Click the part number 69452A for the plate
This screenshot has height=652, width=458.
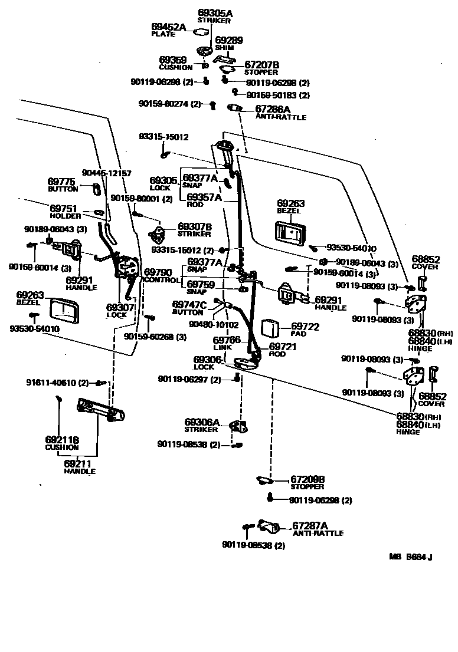pyautogui.click(x=168, y=27)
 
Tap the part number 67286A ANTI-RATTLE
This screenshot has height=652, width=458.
pyautogui.click(x=272, y=109)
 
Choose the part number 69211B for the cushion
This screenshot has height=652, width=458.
pyautogui.click(x=62, y=439)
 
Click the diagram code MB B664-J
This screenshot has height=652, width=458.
pyautogui.click(x=411, y=556)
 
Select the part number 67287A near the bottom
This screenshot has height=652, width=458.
pyautogui.click(x=310, y=525)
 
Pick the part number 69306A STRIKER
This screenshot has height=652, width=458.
pyautogui.click(x=202, y=422)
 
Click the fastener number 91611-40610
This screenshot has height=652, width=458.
pyautogui.click(x=57, y=383)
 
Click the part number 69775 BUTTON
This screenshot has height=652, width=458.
pyautogui.click(x=63, y=182)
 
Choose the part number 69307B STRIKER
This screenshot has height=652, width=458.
pyautogui.click(x=195, y=226)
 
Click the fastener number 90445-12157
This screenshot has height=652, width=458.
pyautogui.click(x=106, y=173)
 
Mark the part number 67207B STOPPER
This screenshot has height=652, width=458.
pyautogui.click(x=261, y=64)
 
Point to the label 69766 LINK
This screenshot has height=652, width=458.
pyautogui.click(x=226, y=340)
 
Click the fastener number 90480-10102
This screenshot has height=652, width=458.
pyautogui.click(x=214, y=324)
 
